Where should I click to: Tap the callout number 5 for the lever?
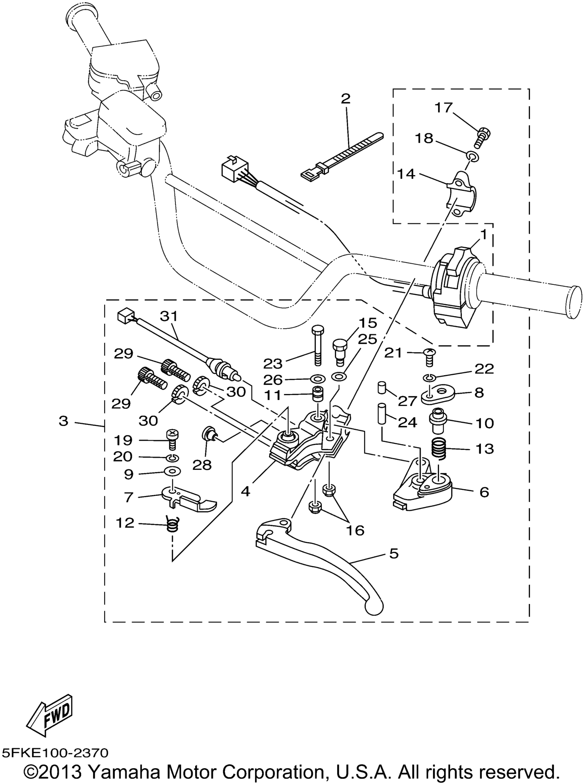tap(394, 553)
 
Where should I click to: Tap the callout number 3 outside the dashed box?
tap(63, 421)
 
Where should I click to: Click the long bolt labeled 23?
tap(317, 346)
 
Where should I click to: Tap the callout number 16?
tap(355, 530)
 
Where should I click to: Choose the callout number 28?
tap(202, 465)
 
